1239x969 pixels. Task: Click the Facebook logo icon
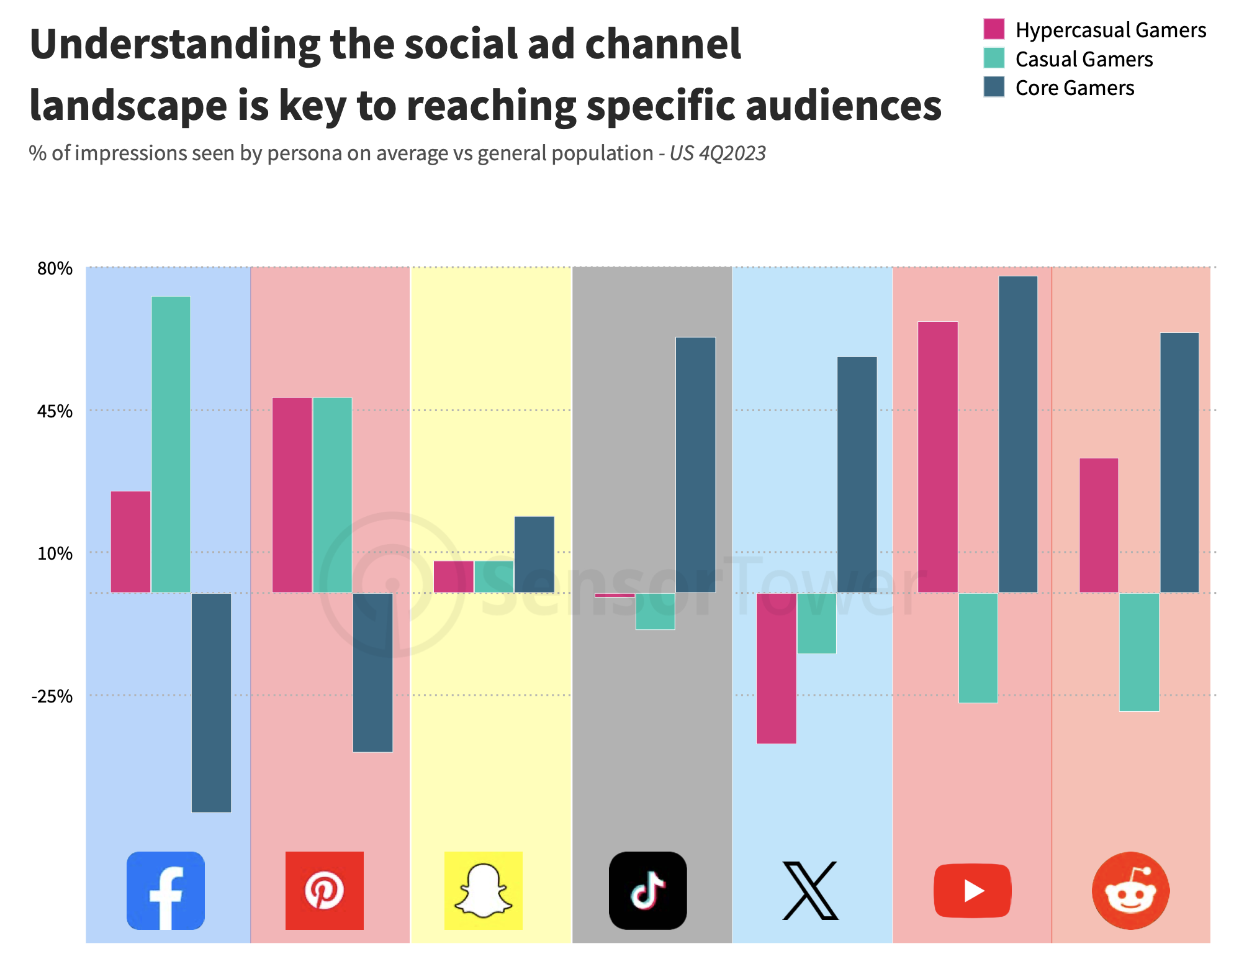(x=165, y=890)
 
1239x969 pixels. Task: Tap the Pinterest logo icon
(x=324, y=890)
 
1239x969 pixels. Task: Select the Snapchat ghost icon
(x=483, y=890)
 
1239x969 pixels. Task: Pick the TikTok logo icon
(x=648, y=890)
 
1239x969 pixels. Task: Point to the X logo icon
(x=810, y=890)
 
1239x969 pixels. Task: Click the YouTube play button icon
(x=973, y=890)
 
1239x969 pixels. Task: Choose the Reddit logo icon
(x=1131, y=890)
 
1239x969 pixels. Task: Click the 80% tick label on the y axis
(x=55, y=268)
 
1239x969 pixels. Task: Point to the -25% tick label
(x=52, y=696)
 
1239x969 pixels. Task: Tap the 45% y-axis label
(x=55, y=411)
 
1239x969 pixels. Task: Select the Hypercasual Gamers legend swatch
(x=994, y=29)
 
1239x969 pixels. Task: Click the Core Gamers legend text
(x=1075, y=88)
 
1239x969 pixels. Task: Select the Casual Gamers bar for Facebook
(x=171, y=445)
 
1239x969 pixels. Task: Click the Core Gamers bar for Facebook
(x=211, y=703)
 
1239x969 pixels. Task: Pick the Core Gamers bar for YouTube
(x=1018, y=434)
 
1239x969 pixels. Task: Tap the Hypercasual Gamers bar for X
(x=777, y=668)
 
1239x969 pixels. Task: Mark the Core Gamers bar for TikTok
(x=696, y=465)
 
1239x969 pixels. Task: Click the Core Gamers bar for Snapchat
(x=534, y=555)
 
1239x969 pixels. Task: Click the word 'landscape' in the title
(x=128, y=106)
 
